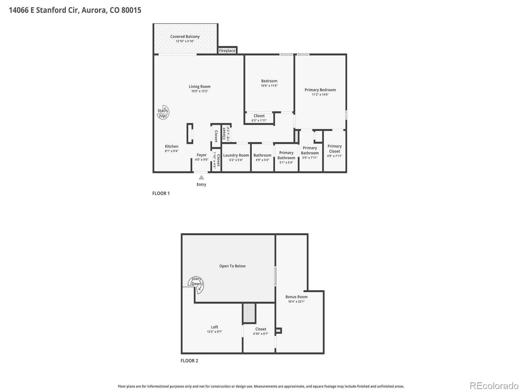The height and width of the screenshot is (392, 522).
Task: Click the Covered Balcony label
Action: pyautogui.click(x=185, y=37)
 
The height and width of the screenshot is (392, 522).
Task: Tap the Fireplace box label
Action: pyautogui.click(x=227, y=51)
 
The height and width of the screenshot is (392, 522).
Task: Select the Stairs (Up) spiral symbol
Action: pyautogui.click(x=163, y=113)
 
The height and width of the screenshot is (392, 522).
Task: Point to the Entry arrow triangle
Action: pyautogui.click(x=201, y=177)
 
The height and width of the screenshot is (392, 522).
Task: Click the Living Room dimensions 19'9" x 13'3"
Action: pyautogui.click(x=200, y=91)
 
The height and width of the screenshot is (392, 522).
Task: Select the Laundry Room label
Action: pyautogui.click(x=236, y=155)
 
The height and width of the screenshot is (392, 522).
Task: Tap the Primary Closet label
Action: pyautogui.click(x=334, y=149)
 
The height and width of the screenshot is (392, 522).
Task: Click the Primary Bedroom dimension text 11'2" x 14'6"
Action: pyautogui.click(x=320, y=95)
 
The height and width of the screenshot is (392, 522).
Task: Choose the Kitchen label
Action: pyautogui.click(x=172, y=146)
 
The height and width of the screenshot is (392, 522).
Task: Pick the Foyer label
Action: pyautogui.click(x=202, y=155)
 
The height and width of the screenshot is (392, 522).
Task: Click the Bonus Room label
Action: pyautogui.click(x=296, y=297)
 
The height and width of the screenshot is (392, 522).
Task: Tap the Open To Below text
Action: pyautogui.click(x=232, y=266)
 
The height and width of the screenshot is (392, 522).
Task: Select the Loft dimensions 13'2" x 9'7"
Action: pyautogui.click(x=214, y=332)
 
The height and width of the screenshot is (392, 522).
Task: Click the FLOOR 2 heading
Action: pyautogui.click(x=189, y=361)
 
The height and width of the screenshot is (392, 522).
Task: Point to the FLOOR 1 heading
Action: pyautogui.click(x=161, y=193)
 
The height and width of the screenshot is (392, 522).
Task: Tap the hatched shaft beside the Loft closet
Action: pyautogui.click(x=249, y=313)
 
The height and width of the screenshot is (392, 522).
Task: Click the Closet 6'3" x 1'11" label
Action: pyautogui.click(x=259, y=116)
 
